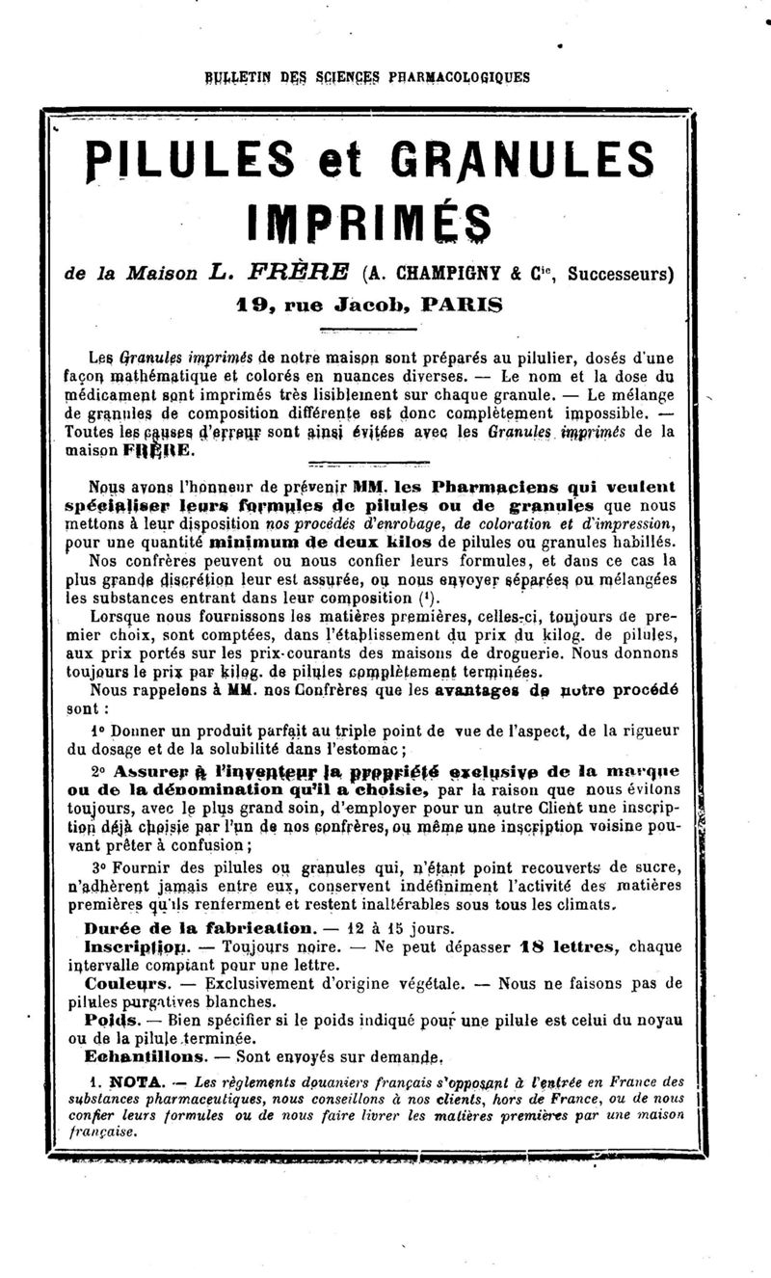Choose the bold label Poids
106,1020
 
